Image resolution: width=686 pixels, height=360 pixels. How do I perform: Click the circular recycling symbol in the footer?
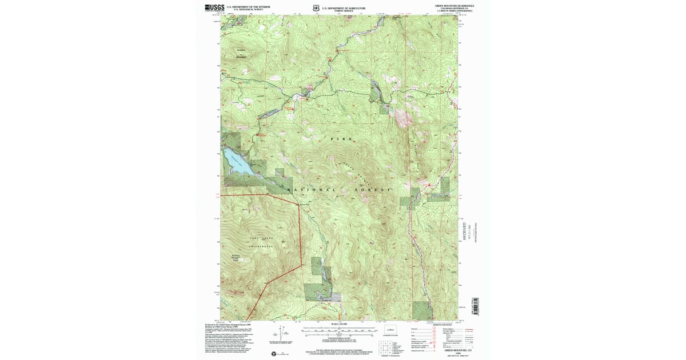click(x=273, y=353)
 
